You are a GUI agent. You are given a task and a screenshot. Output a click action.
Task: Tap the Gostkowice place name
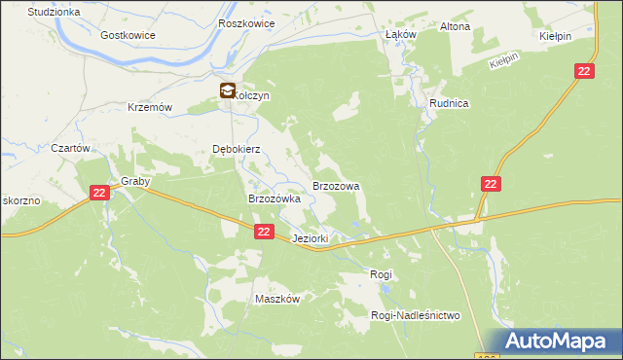(x=128, y=34)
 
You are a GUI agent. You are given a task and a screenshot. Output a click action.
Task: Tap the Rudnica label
(x=450, y=102)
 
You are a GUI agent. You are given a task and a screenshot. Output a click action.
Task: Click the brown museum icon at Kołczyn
(x=226, y=91)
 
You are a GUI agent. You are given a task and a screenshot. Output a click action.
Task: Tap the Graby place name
(x=134, y=181)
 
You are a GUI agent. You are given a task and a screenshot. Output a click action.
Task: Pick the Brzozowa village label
(x=336, y=185)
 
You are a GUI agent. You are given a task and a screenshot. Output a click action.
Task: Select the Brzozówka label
(x=275, y=198)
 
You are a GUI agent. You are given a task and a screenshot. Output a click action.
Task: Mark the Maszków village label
(x=276, y=299)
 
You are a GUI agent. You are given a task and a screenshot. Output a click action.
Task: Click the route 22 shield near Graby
(x=98, y=194)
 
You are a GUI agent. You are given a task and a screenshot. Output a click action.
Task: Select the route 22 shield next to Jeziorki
(x=265, y=232)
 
